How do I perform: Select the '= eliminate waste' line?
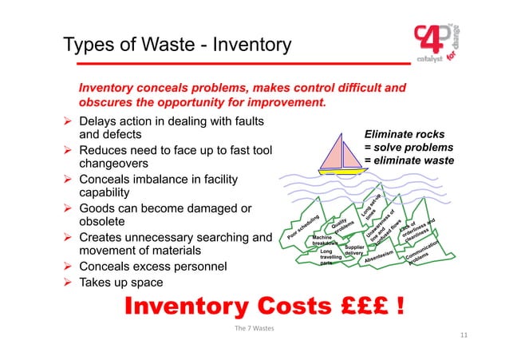point(408,160)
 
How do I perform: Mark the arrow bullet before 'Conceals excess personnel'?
point(68,266)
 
